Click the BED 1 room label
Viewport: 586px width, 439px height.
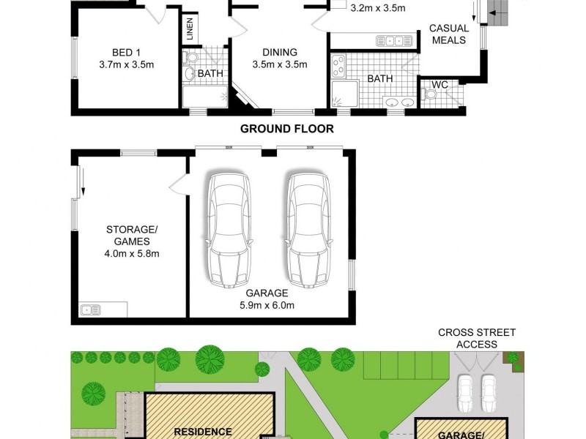pos(126,53)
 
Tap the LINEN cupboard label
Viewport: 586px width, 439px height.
pos(189,30)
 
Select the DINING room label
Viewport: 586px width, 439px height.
pos(279,53)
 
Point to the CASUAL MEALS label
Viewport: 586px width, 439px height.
pos(449,34)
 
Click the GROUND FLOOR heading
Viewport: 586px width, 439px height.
pos(287,129)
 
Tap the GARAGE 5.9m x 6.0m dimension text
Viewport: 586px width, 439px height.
pos(271,299)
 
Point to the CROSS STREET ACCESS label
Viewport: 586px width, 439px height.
pos(477,338)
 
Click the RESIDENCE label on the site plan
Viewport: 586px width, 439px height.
pos(203,432)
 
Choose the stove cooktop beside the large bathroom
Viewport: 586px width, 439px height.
pos(338,67)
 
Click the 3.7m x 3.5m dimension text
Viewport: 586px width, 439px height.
pos(126,64)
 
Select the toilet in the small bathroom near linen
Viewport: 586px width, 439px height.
pos(190,58)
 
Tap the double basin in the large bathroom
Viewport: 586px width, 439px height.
pos(398,102)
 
